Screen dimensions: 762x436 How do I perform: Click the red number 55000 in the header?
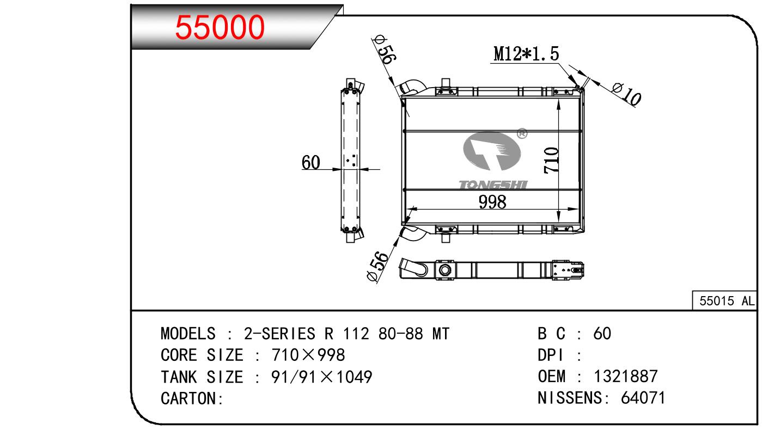pos(220,27)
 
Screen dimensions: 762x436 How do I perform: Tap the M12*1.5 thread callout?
pos(526,54)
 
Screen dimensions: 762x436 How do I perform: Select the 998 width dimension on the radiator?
pos(492,202)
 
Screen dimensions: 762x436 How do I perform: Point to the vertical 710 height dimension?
pos(551,161)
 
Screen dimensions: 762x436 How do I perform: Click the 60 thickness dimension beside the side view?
pos(310,162)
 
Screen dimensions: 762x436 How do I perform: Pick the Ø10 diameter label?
pos(626,94)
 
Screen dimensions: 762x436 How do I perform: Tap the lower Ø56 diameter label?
pos(377,266)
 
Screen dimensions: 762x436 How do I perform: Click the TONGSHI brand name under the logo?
pos(492,185)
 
